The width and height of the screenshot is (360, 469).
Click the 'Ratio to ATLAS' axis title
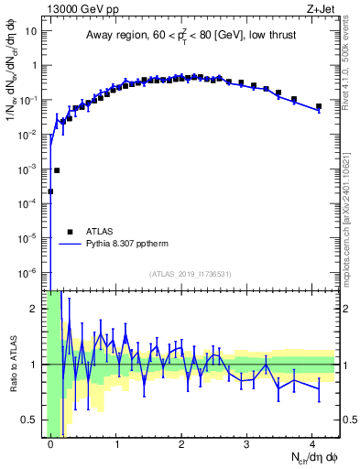pos(13,364)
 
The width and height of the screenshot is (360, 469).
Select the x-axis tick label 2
pos(181,443)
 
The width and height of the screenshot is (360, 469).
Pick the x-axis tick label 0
pos(51,443)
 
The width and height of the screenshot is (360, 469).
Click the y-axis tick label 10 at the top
pos(31,31)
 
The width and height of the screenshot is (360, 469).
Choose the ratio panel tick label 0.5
pos(31,420)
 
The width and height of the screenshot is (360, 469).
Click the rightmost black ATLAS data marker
pos(318,107)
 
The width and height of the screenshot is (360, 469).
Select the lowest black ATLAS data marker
pos(50,191)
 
